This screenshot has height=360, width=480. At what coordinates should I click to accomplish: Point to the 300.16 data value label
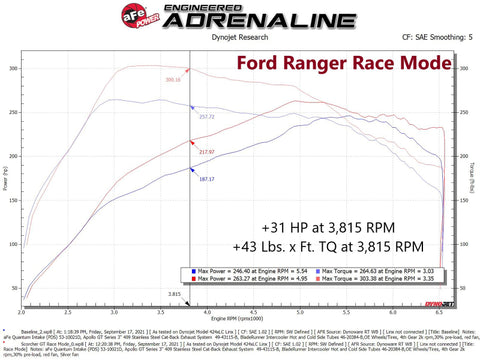point(173,79)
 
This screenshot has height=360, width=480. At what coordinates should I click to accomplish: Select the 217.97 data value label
point(207,151)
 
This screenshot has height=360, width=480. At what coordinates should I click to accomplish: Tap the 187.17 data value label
point(207,178)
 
